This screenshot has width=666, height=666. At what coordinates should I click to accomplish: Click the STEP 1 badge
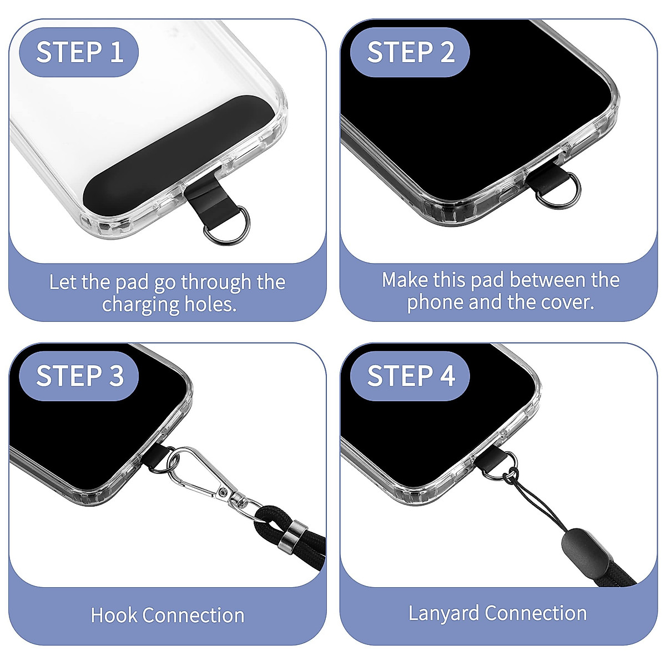[79, 52]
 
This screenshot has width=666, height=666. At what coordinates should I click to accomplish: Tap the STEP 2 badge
[410, 52]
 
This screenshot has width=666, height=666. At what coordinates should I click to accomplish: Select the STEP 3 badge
[79, 376]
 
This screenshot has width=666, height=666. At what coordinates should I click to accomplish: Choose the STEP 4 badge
[410, 376]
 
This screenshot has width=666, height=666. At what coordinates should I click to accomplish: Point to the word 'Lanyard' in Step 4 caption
[444, 613]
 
